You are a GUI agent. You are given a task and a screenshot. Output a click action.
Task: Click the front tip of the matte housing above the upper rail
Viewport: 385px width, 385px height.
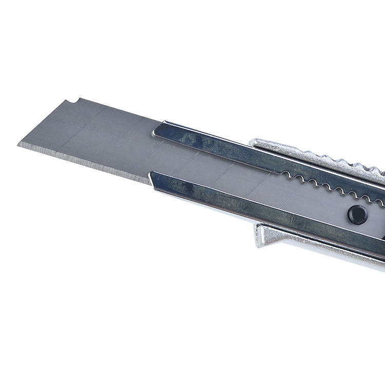click(x=252, y=140)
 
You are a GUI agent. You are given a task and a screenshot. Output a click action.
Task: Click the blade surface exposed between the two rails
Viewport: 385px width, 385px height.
click(x=216, y=169)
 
